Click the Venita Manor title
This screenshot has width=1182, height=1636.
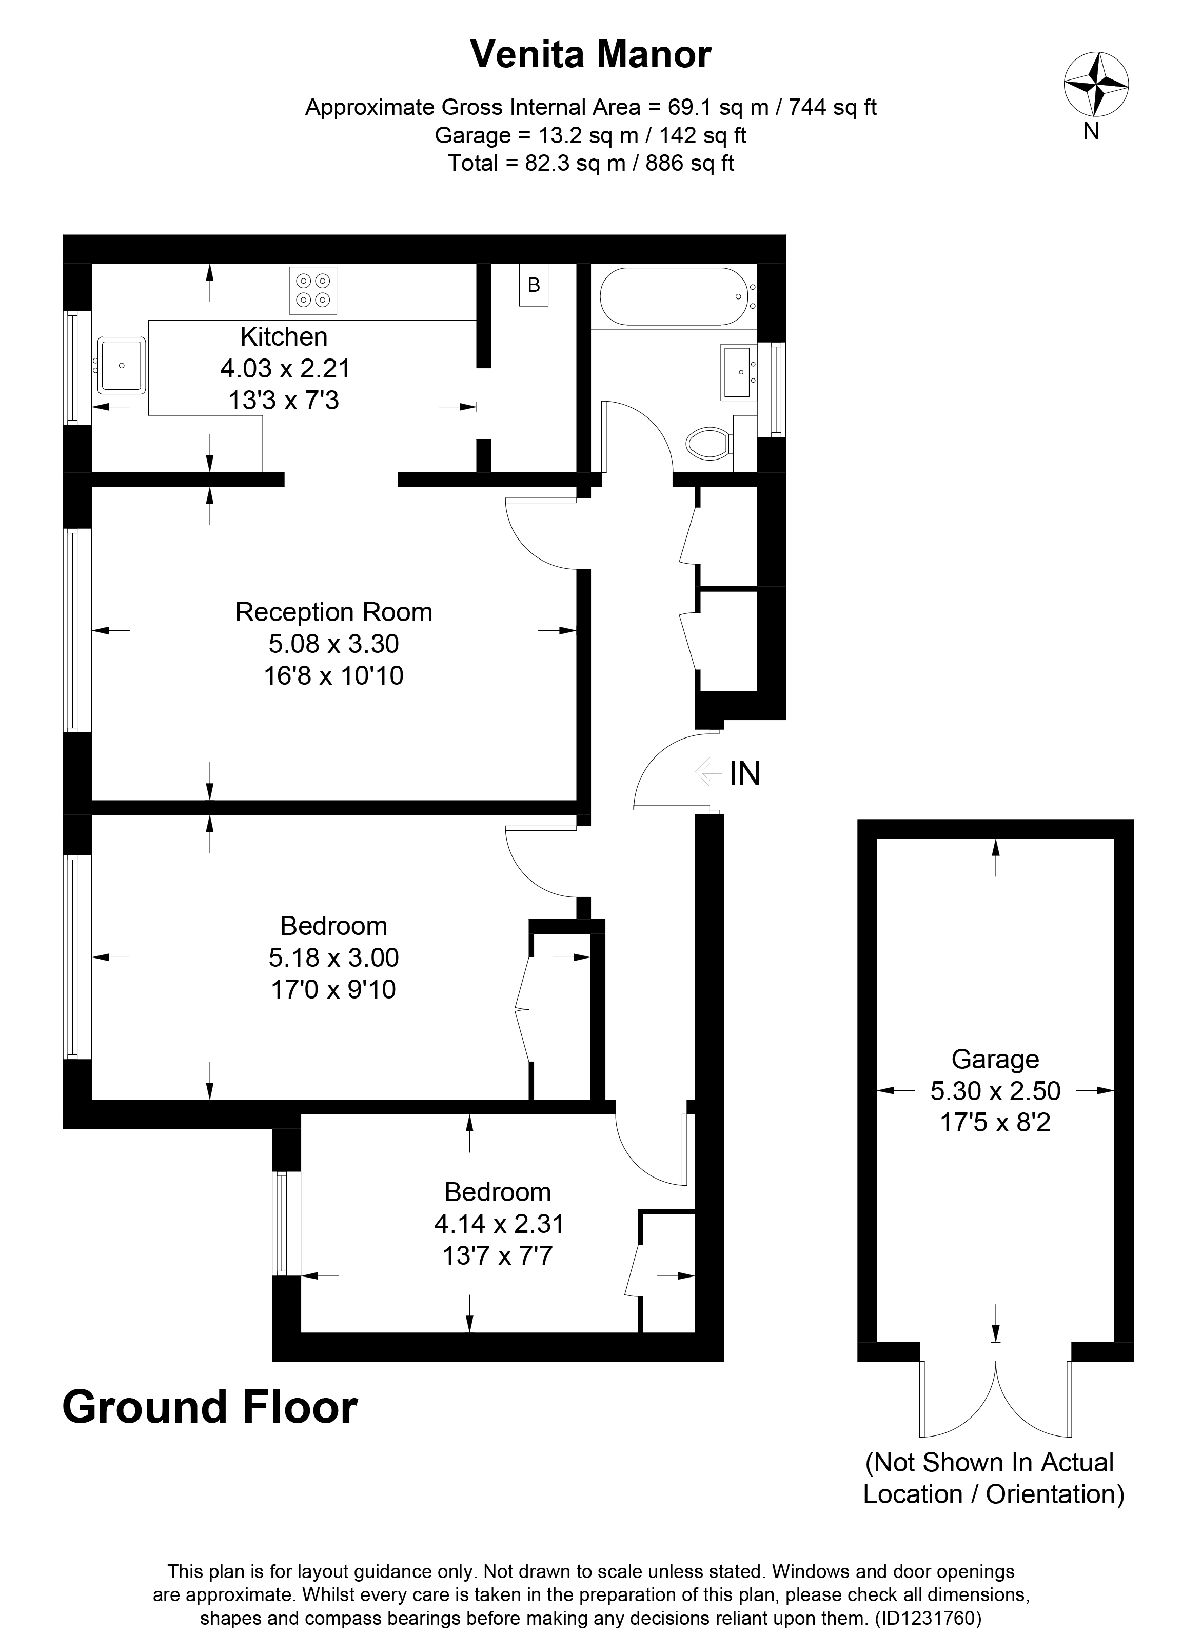click(590, 55)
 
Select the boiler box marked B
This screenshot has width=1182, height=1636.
click(534, 285)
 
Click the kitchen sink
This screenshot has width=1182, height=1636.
click(121, 365)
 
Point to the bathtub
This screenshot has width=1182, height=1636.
click(673, 296)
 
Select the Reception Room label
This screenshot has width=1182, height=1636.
click(333, 612)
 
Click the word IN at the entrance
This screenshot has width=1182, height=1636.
click(745, 774)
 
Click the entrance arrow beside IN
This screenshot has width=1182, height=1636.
click(708, 772)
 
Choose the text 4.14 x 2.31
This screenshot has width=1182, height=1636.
click(498, 1223)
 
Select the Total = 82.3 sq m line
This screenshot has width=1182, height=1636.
click(590, 163)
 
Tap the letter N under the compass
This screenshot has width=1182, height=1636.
click(1091, 132)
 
